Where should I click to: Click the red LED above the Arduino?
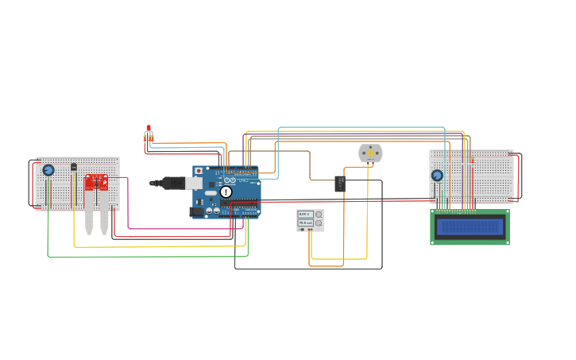149,128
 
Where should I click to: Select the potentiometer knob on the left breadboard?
48,170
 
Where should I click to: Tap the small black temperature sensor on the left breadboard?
74,167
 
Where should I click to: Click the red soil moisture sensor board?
96,183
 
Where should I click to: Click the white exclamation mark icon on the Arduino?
226,192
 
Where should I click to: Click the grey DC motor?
370,153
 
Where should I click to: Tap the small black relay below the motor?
339,184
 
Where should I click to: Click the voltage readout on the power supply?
304,215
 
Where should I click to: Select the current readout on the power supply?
304,223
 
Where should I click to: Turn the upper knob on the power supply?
319,215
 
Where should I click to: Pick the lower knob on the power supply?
319,223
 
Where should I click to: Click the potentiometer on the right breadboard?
437,176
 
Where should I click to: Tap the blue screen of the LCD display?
470,227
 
